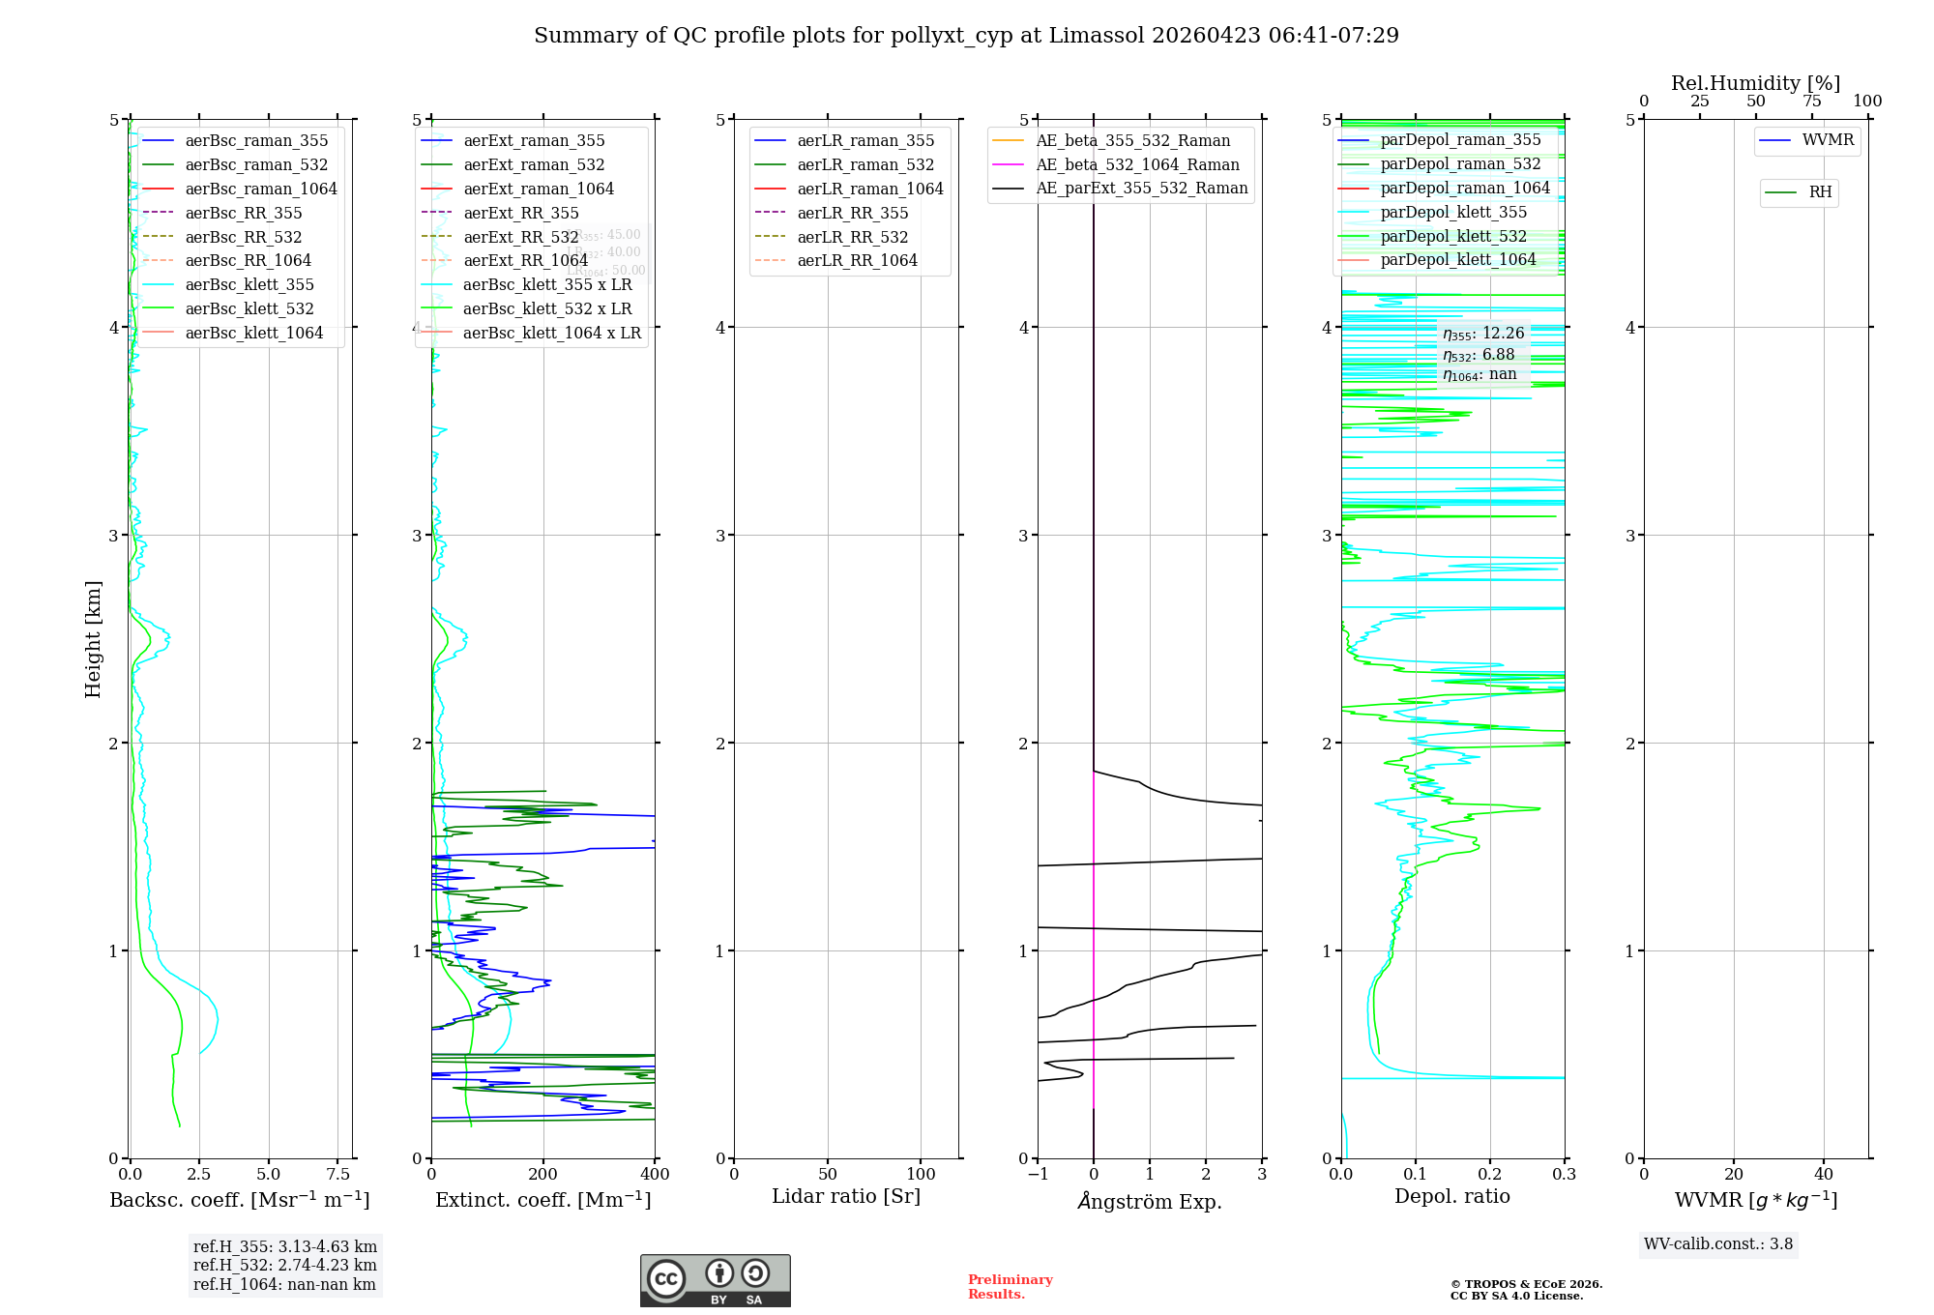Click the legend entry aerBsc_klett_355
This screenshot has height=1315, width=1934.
click(249, 285)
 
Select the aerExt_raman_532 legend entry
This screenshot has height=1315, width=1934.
click(534, 165)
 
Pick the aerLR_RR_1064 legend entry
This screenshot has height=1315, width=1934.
click(857, 261)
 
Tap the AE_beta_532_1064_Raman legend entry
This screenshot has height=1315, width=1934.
click(1137, 165)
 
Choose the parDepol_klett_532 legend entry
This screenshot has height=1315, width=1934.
click(1453, 237)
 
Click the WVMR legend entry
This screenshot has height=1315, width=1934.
click(1828, 140)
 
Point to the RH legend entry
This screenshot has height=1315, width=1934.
click(1820, 192)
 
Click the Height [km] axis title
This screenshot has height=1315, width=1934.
click(93, 639)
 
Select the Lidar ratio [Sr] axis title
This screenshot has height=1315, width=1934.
click(846, 1196)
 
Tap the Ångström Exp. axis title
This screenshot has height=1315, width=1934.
click(1150, 1201)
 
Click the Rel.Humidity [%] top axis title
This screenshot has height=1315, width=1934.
click(1755, 83)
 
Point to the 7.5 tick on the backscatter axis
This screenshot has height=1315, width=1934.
click(338, 1175)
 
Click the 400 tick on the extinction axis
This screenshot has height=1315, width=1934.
click(655, 1175)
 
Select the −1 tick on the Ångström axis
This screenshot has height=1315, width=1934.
click(1038, 1175)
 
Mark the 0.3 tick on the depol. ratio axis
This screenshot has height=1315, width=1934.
click(1564, 1175)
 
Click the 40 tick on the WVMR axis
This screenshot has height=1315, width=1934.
click(1824, 1175)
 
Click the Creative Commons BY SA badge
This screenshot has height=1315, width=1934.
click(715, 1281)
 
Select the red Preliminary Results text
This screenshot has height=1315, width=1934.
click(1010, 1287)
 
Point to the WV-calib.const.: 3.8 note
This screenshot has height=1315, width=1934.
click(1718, 1244)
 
